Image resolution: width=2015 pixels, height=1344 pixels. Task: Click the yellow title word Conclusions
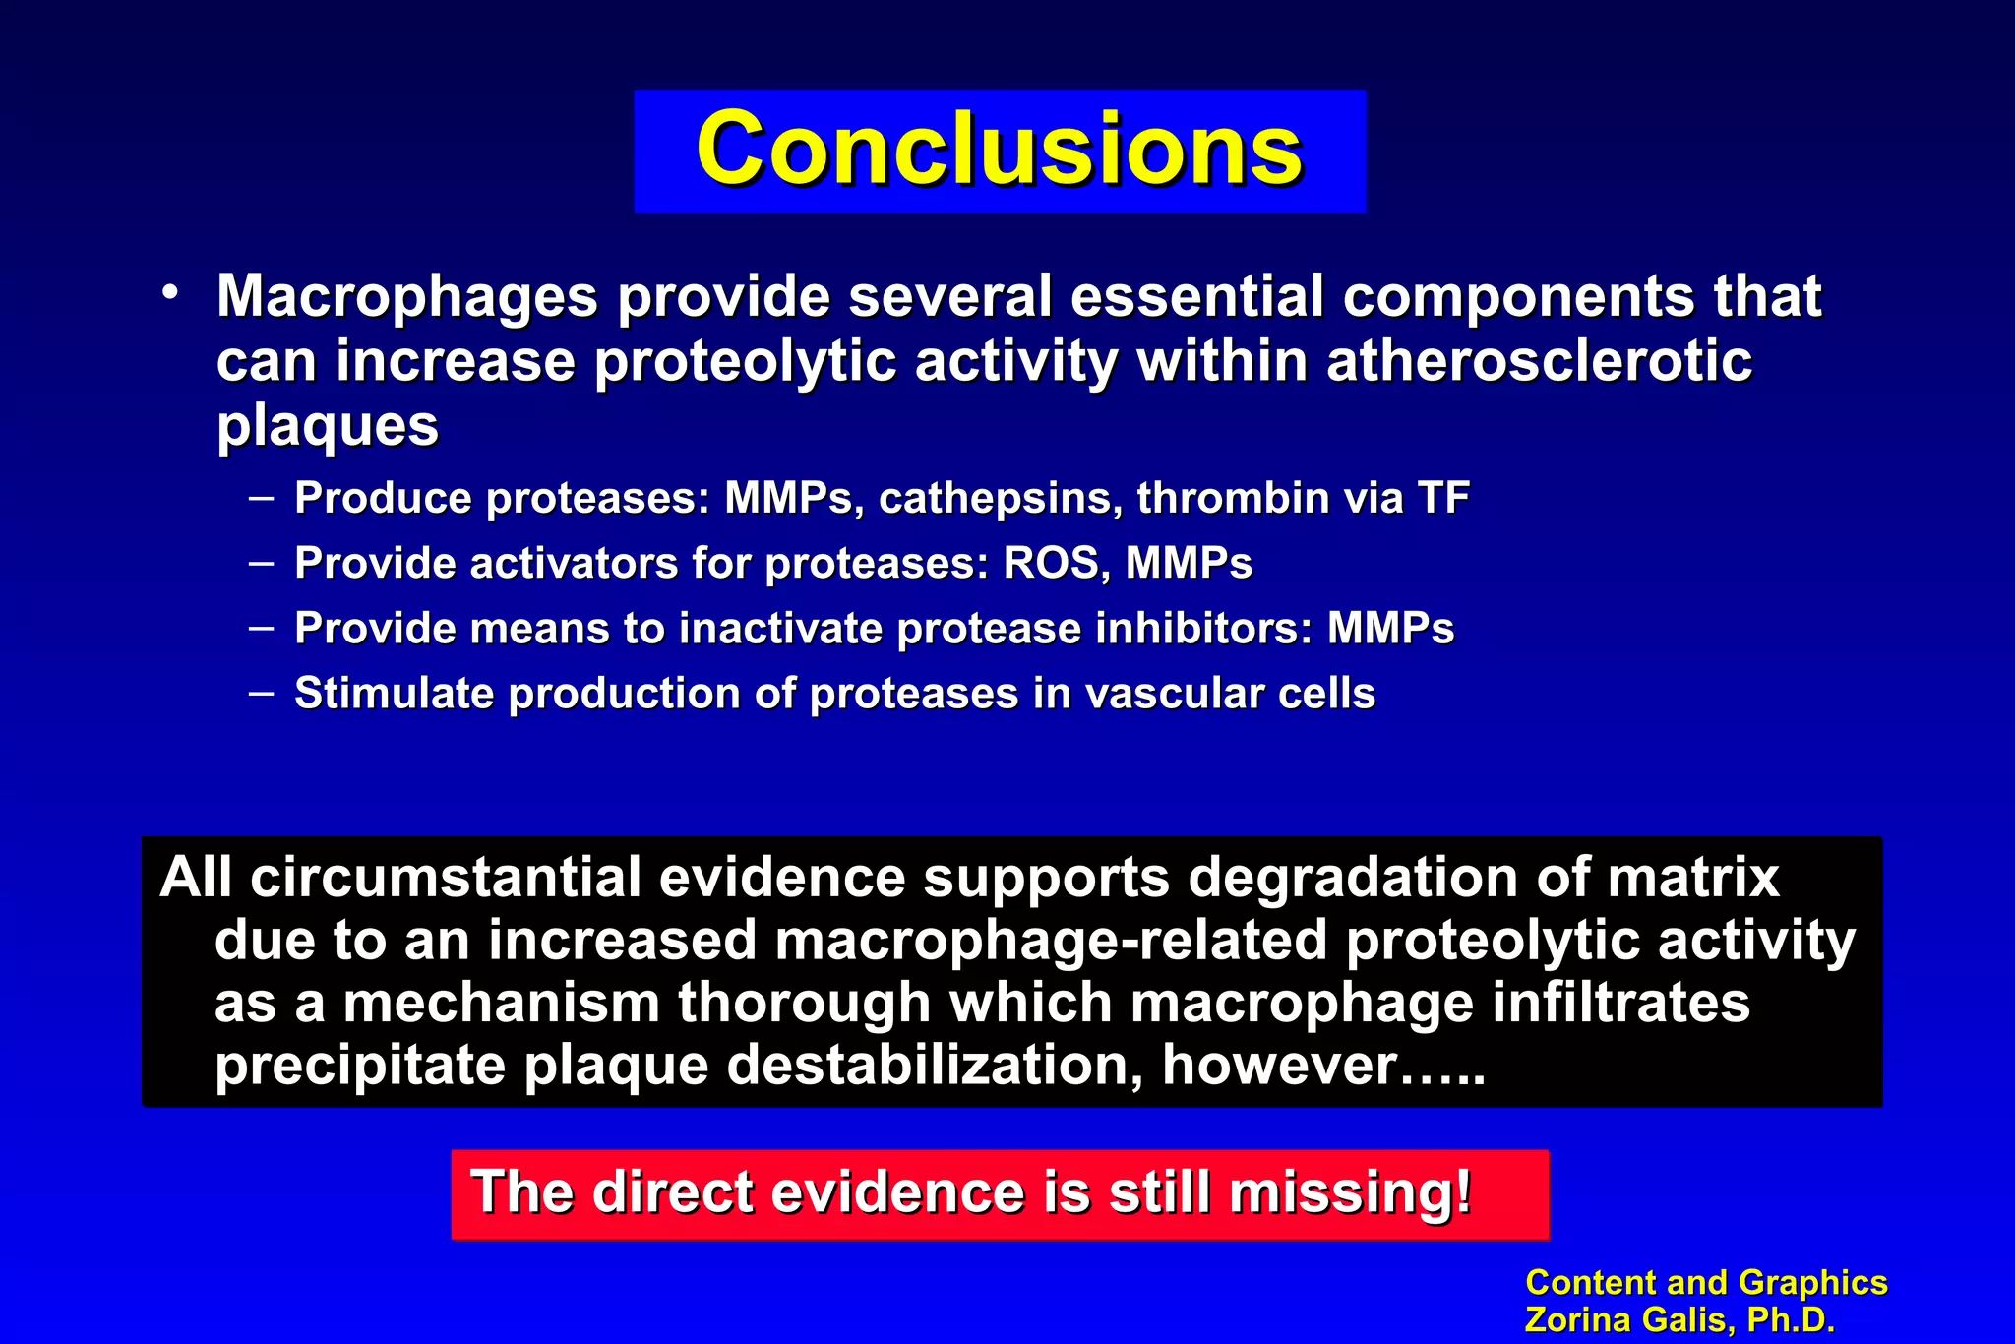tap(999, 150)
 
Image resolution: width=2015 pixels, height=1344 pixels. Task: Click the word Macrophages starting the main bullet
tap(406, 296)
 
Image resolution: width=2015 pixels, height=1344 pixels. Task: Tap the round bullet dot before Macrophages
tap(171, 292)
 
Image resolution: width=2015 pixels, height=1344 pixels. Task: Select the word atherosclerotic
tap(1539, 361)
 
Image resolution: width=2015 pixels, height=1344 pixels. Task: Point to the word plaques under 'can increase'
tap(327, 426)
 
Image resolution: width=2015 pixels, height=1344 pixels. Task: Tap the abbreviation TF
tap(1443, 498)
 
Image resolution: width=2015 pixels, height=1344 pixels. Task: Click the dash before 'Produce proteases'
tap(261, 497)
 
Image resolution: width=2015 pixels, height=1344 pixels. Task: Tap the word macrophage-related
tap(1051, 940)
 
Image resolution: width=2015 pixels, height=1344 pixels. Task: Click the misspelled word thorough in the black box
tap(804, 1003)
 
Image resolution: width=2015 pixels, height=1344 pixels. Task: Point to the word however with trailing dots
tap(1321, 1066)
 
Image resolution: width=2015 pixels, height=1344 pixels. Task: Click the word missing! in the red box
tap(1350, 1192)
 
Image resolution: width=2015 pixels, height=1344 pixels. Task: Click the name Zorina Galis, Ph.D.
tap(1679, 1320)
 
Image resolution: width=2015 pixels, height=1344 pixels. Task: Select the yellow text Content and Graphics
tap(1705, 1283)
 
